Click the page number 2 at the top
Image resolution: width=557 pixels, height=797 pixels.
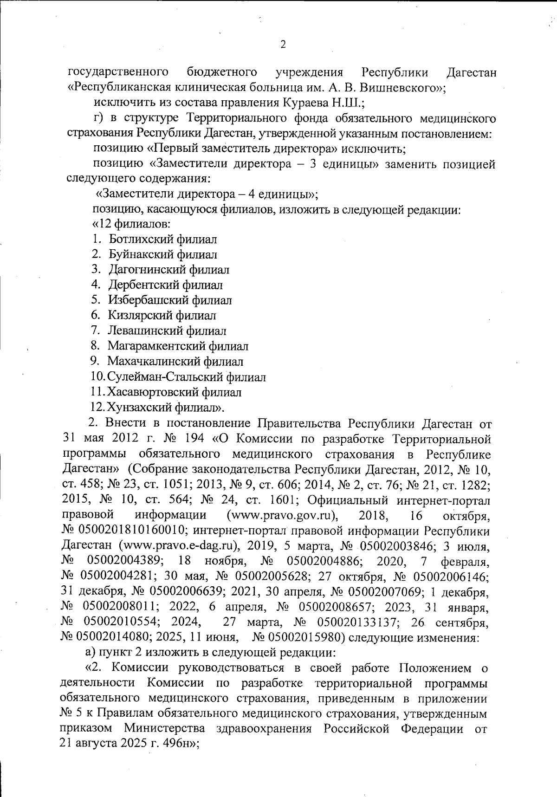pos(283,45)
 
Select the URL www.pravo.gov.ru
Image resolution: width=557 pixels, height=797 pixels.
pos(281,516)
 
